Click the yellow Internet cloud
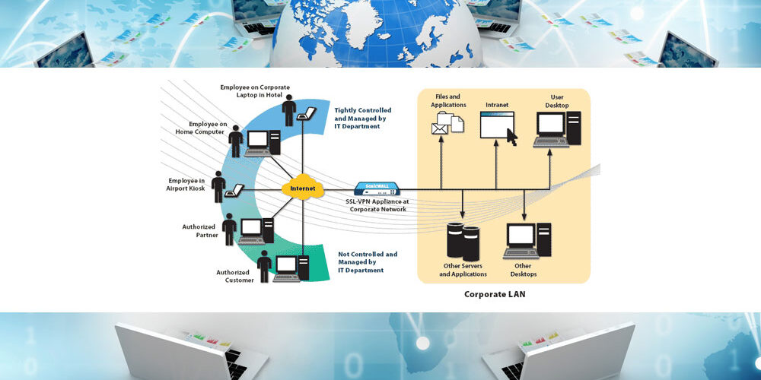302,188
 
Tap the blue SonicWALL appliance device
376,188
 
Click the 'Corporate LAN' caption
495,294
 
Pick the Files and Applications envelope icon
440,128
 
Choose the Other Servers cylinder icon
462,239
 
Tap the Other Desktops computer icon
529,242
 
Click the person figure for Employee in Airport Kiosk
219,185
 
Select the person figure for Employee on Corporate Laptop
288,110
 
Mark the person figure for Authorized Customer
264,266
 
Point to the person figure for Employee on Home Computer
236,141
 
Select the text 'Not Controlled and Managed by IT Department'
367,262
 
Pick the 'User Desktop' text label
557,101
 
